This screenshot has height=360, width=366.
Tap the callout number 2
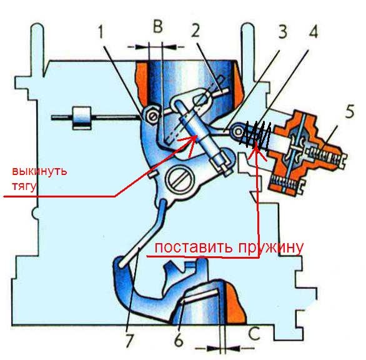195,30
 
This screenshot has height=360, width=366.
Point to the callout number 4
313,31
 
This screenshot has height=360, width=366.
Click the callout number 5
349,111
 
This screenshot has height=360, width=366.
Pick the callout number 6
179,341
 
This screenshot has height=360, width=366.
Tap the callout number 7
129,341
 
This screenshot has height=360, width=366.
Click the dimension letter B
157,26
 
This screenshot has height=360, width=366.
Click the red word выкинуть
39,171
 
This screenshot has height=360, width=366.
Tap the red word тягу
24,187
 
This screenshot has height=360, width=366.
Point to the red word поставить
194,247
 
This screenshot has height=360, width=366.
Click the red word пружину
270,248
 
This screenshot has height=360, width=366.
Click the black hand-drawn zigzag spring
255,135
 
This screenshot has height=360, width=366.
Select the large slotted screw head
179,180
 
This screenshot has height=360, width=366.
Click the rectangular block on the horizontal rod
82,118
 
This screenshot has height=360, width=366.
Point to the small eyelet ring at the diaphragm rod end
237,131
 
